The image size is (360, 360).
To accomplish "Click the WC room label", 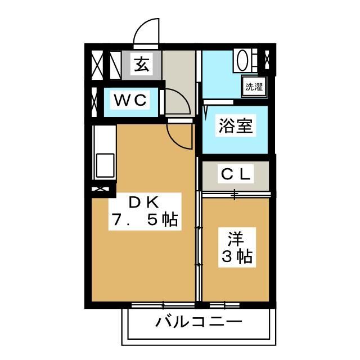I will pos(131,101).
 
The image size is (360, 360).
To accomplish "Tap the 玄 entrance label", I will pos(142,65).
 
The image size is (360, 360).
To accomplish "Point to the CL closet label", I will pos(236,174).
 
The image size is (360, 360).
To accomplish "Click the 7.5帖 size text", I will pos(145,220).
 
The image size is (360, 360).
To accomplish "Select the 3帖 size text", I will pos(236,257).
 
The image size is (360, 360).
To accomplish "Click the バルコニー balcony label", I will pos(199,323).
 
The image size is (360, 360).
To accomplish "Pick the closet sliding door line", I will pos(236,195).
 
